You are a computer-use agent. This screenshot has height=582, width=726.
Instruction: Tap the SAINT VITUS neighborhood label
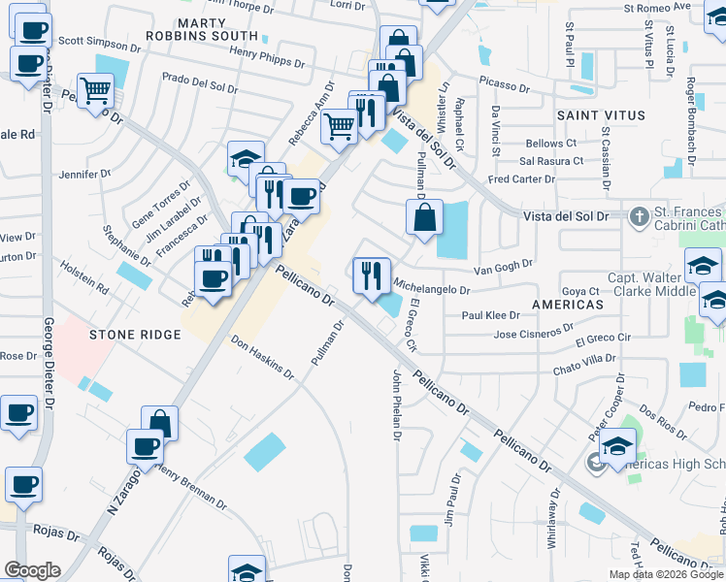601,115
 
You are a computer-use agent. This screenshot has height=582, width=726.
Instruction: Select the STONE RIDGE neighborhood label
135,335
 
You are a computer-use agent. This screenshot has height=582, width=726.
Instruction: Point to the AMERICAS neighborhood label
568,305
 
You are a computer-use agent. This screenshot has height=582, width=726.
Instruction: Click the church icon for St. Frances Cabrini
639,215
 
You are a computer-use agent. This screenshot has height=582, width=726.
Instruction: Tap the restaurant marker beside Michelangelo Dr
371,275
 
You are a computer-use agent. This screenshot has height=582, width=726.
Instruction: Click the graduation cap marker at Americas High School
615,446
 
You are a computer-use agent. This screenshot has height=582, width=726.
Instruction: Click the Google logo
32,570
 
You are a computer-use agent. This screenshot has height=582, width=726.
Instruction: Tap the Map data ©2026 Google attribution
666,574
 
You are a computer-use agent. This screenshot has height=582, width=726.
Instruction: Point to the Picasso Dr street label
503,86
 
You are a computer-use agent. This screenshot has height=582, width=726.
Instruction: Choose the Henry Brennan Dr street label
191,489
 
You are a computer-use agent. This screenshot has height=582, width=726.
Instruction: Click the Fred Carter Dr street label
521,179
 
